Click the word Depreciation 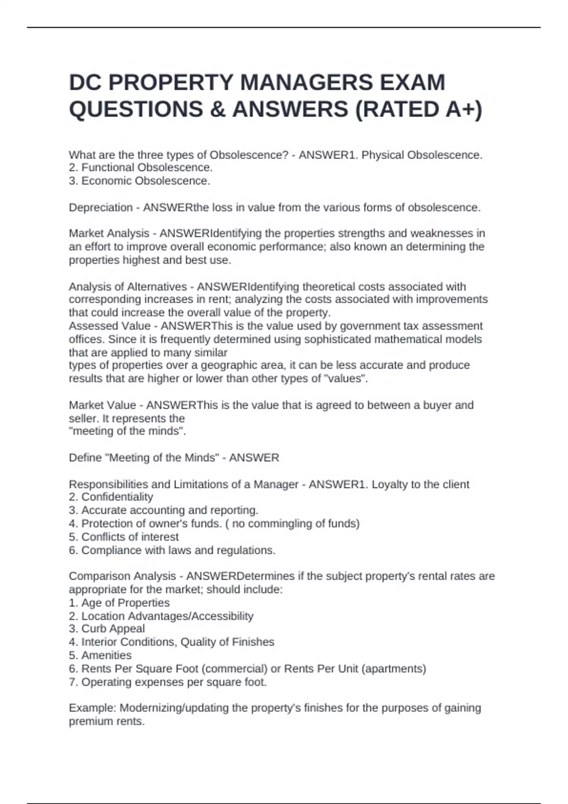pos(100,208)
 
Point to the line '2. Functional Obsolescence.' pos(141,167)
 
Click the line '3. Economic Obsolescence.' pos(139,181)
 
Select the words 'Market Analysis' pos(109,234)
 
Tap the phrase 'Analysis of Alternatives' pos(128,287)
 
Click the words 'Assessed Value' pos(109,326)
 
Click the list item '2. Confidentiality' pos(111,497)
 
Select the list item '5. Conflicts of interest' pos(124,537)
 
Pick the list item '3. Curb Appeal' pos(106,629)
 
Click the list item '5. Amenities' pos(100,655)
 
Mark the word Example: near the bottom pos(92,708)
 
